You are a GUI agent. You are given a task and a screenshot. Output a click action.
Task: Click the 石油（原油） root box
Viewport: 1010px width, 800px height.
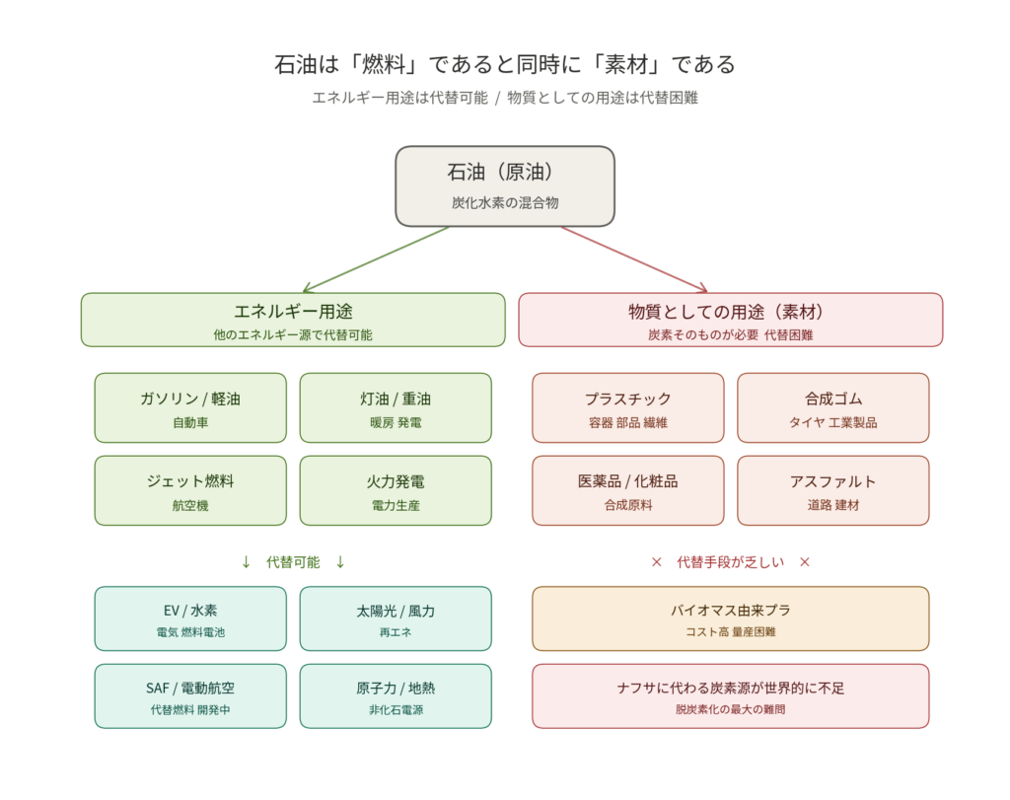[505, 185]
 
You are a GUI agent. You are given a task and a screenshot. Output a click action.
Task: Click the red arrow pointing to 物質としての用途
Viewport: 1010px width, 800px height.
[634, 259]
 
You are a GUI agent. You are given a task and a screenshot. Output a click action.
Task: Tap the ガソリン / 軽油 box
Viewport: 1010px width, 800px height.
[190, 407]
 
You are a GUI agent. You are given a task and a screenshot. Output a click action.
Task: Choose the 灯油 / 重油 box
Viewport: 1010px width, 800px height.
[396, 407]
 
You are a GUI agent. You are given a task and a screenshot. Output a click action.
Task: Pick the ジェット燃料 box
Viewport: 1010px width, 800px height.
[190, 490]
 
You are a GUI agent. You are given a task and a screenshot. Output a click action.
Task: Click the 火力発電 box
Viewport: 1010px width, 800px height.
[396, 490]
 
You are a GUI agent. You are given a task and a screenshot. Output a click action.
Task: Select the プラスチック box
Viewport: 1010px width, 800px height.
[628, 407]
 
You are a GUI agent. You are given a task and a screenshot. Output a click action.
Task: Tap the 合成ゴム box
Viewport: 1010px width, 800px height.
[833, 407]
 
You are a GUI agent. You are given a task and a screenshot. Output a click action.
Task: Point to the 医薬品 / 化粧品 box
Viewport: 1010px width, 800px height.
[628, 490]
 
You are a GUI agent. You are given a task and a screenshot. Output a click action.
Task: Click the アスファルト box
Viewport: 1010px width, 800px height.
[833, 490]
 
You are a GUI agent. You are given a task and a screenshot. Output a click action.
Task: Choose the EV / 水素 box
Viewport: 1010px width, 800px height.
[190, 618]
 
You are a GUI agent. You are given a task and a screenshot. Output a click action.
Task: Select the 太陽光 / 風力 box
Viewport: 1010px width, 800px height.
[396, 618]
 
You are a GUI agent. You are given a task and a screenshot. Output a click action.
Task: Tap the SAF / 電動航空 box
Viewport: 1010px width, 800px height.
[190, 695]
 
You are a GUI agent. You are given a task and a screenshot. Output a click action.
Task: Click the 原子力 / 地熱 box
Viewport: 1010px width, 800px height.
[396, 695]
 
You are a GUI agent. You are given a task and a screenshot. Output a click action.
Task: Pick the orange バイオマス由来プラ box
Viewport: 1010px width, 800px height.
[731, 618]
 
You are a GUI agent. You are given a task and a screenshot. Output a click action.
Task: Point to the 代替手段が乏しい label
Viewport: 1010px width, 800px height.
[731, 562]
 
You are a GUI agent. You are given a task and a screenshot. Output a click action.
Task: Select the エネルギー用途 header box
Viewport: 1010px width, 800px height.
[293, 320]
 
